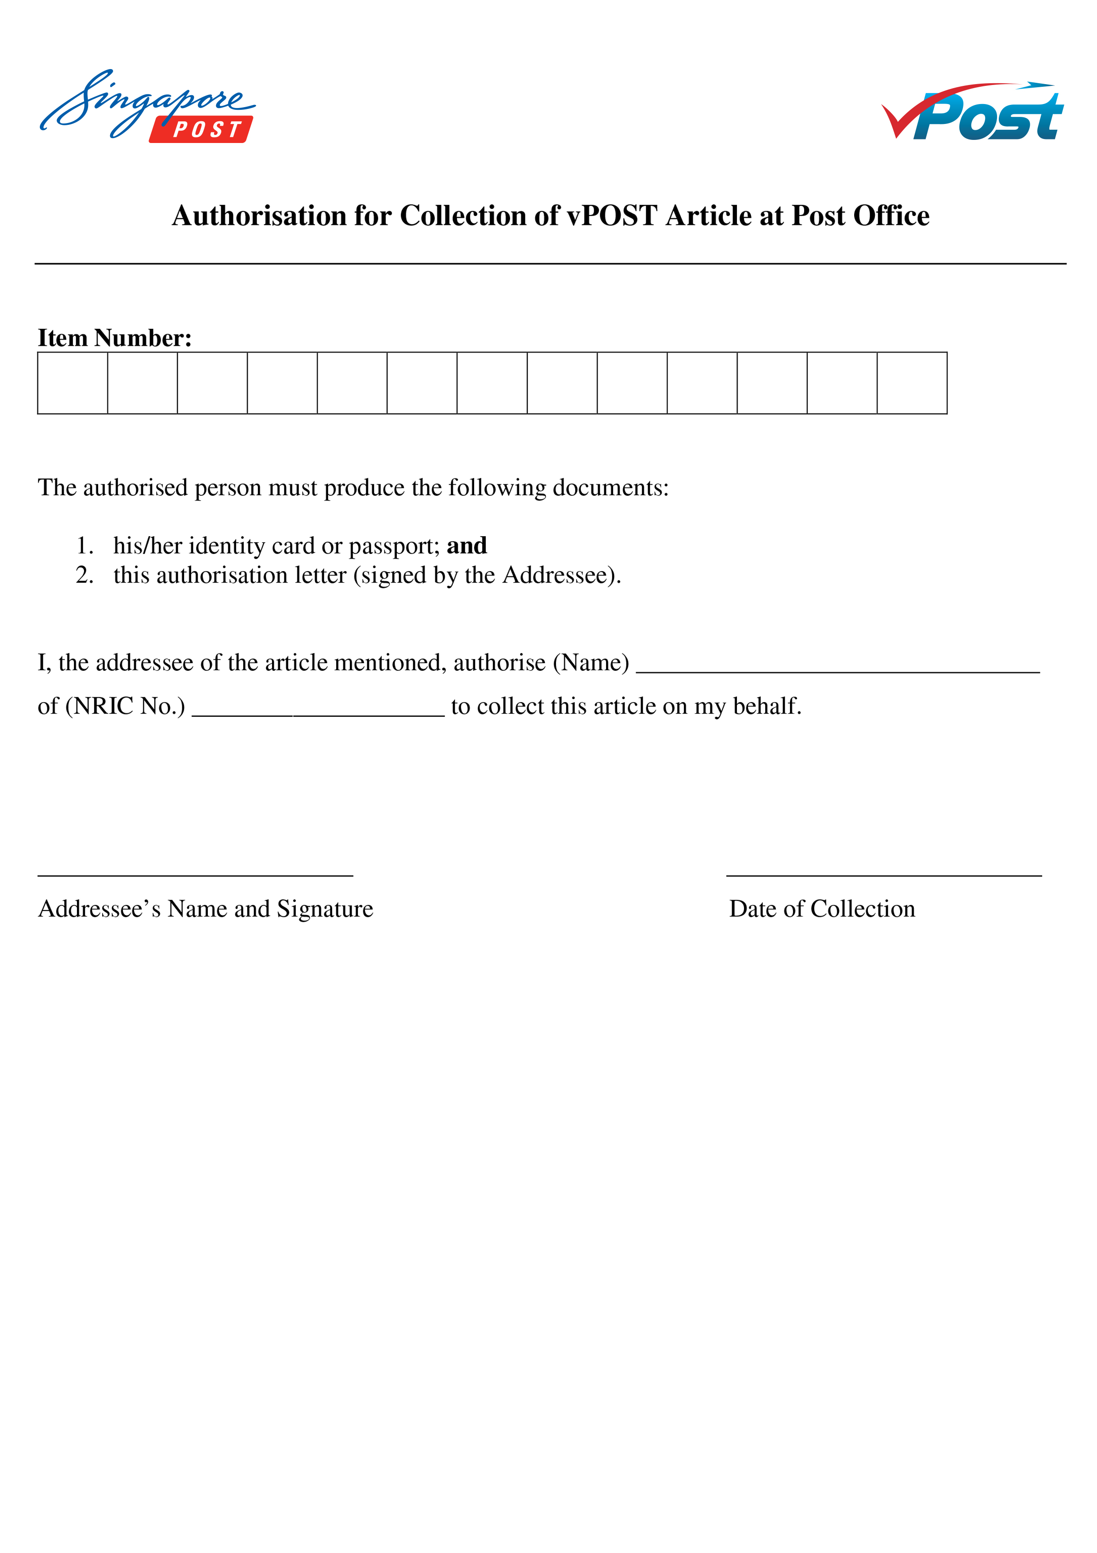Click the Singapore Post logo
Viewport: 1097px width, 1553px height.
pyautogui.click(x=147, y=106)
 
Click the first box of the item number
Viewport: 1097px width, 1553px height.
pyautogui.click(x=72, y=383)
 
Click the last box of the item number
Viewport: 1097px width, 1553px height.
pyautogui.click(x=911, y=383)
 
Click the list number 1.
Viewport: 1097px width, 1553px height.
pyautogui.click(x=84, y=545)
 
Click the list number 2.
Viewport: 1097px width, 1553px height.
pyautogui.click(x=84, y=575)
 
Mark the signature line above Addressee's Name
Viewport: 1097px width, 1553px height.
pyautogui.click(x=196, y=875)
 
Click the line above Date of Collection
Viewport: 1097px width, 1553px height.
pyautogui.click(x=883, y=875)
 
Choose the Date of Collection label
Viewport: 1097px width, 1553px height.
pyautogui.click(x=822, y=908)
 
